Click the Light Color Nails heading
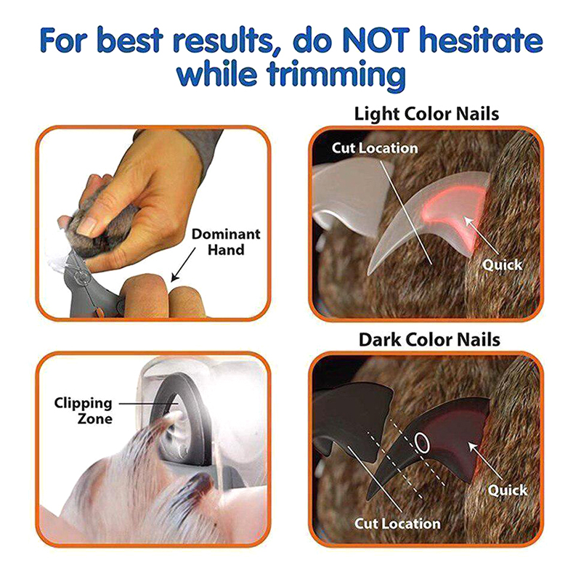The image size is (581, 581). click(x=426, y=113)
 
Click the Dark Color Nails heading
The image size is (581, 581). click(x=429, y=339)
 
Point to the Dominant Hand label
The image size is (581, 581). click(x=226, y=242)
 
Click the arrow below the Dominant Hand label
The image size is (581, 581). click(x=184, y=265)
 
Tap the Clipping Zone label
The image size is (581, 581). click(x=83, y=410)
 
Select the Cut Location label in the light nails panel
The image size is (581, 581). click(x=375, y=148)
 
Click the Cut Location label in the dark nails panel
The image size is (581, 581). click(x=397, y=524)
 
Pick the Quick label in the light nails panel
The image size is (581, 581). click(x=502, y=264)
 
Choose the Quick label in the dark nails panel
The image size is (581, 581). click(x=507, y=489)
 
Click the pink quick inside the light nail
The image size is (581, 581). click(x=456, y=211)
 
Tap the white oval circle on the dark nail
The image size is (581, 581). click(x=422, y=442)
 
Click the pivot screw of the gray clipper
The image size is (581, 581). click(x=80, y=276)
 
